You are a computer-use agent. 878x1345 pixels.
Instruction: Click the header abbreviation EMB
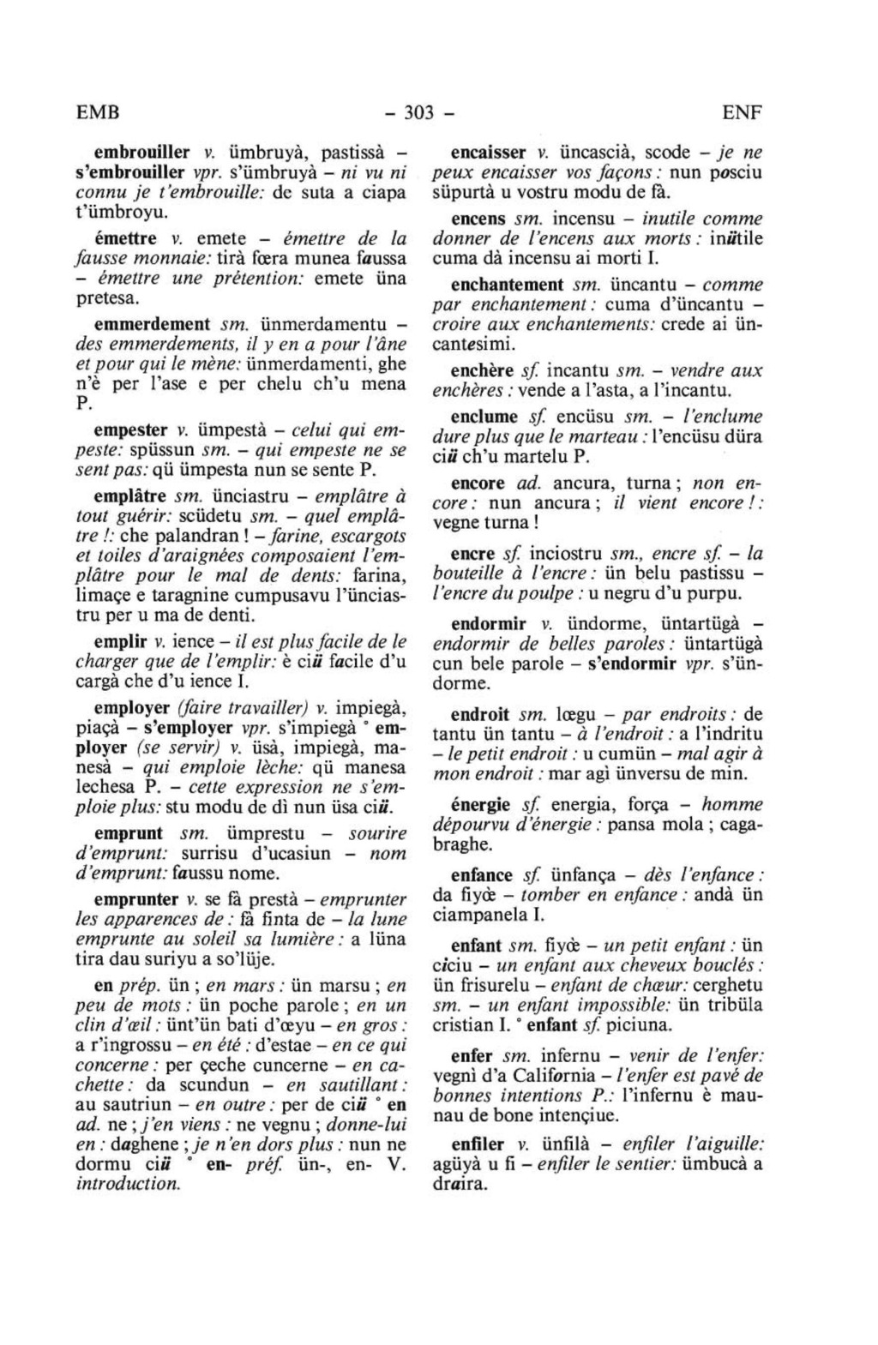pyautogui.click(x=98, y=112)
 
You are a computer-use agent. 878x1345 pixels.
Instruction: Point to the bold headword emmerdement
pyautogui.click(x=152, y=323)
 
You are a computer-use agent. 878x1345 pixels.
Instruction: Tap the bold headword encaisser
pyautogui.click(x=489, y=153)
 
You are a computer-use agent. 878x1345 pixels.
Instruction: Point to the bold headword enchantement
pyautogui.click(x=507, y=285)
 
